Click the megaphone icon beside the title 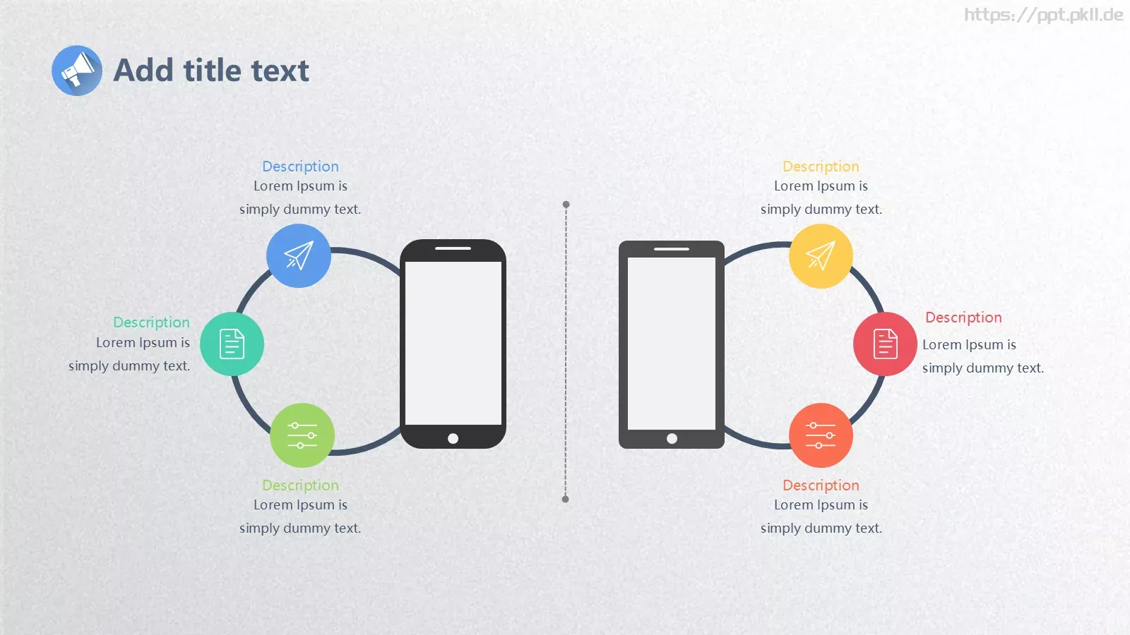tap(77, 71)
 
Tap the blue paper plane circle tap(299, 256)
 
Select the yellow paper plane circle tap(821, 256)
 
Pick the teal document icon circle tap(232, 344)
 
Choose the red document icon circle tap(886, 344)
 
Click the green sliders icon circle tap(302, 435)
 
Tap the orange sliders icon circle tap(821, 435)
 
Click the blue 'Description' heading tap(301, 167)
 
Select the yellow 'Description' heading tap(821, 167)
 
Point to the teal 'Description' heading tap(151, 322)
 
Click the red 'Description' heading tap(963, 317)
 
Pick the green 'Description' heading tap(301, 485)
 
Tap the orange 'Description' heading tap(821, 485)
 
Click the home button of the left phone tap(453, 438)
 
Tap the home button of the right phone tap(672, 438)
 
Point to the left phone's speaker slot tap(453, 248)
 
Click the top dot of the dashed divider tap(566, 205)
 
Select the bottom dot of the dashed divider tap(566, 499)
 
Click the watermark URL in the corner tap(1044, 15)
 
